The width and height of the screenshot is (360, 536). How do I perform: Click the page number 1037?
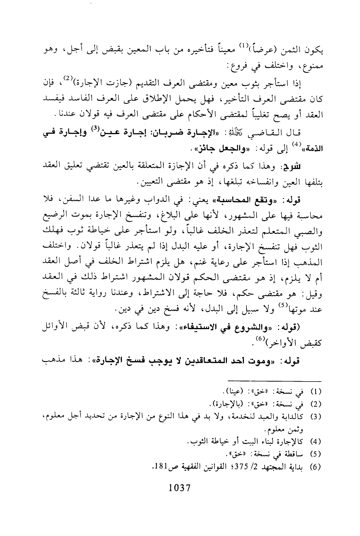point(179,488)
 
